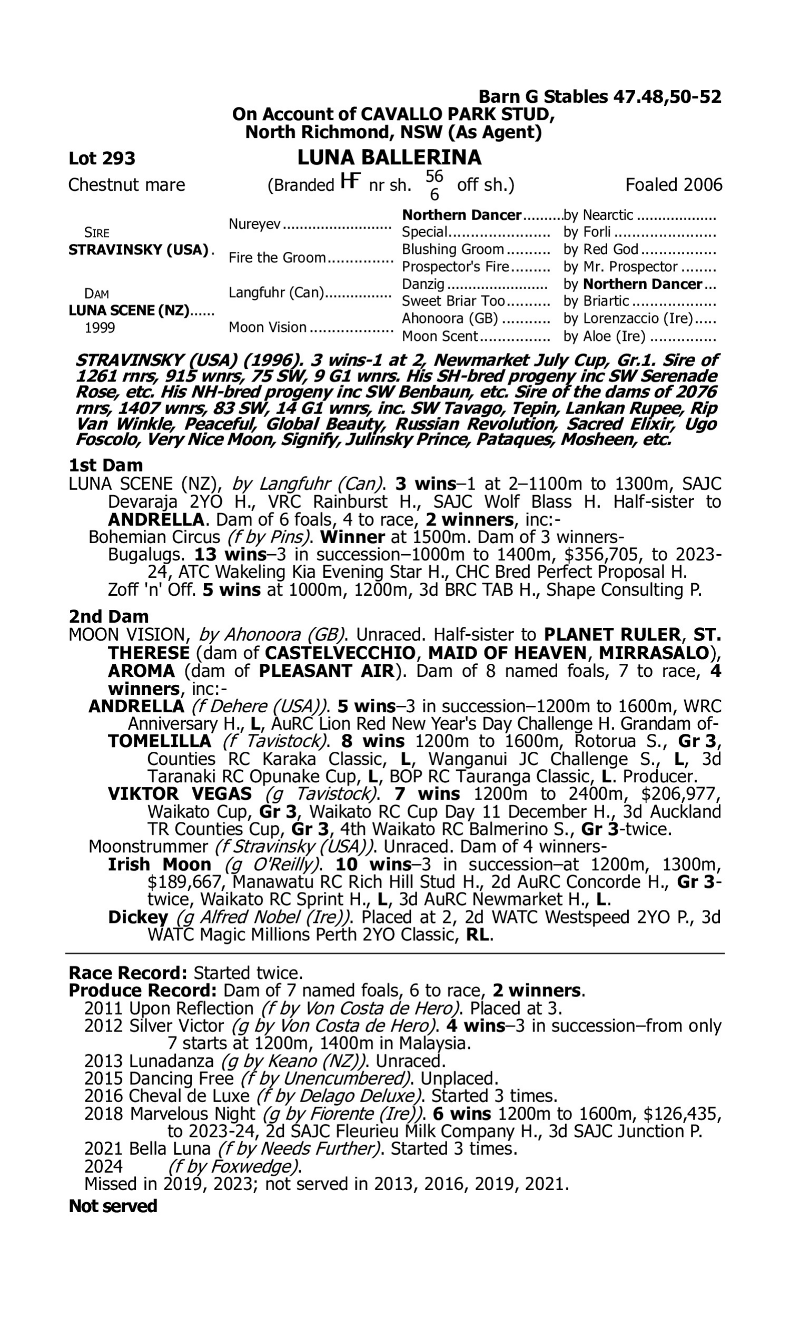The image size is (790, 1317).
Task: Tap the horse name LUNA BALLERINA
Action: (389, 158)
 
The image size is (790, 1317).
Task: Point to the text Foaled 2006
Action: (674, 185)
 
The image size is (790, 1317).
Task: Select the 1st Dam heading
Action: (105, 465)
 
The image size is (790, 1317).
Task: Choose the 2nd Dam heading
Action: (108, 616)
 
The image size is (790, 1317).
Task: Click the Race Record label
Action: (127, 973)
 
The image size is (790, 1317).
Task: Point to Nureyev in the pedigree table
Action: (254, 224)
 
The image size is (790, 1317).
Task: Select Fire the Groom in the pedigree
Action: (277, 258)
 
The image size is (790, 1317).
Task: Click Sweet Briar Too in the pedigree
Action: (453, 301)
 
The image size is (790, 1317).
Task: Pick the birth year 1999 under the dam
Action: (100, 328)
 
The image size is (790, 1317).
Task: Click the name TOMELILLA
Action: (159, 741)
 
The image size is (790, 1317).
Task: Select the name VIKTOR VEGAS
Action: (180, 794)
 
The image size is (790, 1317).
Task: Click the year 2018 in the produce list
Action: (103, 1114)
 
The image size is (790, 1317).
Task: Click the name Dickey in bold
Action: (138, 917)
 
